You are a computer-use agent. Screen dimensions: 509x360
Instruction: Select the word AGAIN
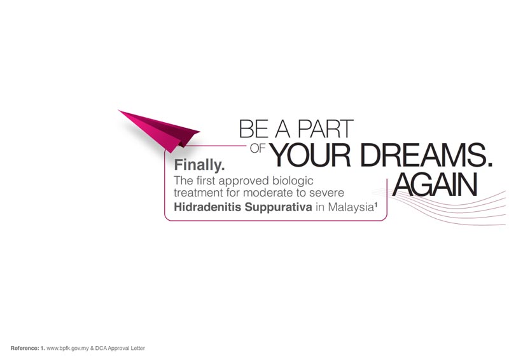(x=435, y=184)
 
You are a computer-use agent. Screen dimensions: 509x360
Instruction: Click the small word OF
(x=258, y=148)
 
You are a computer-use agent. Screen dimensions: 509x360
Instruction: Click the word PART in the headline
(x=325, y=129)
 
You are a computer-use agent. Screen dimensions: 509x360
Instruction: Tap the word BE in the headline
(x=254, y=129)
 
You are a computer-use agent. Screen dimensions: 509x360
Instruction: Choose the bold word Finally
(x=199, y=165)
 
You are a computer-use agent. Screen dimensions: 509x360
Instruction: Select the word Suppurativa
(x=279, y=207)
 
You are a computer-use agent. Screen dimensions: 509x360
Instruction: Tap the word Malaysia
(x=351, y=207)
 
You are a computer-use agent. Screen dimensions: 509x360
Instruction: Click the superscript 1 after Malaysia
(x=375, y=205)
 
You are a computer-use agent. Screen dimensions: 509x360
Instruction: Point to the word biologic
(x=293, y=181)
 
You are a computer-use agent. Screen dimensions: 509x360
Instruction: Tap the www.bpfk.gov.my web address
(x=67, y=349)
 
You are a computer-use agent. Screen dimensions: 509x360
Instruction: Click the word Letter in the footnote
(x=137, y=349)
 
